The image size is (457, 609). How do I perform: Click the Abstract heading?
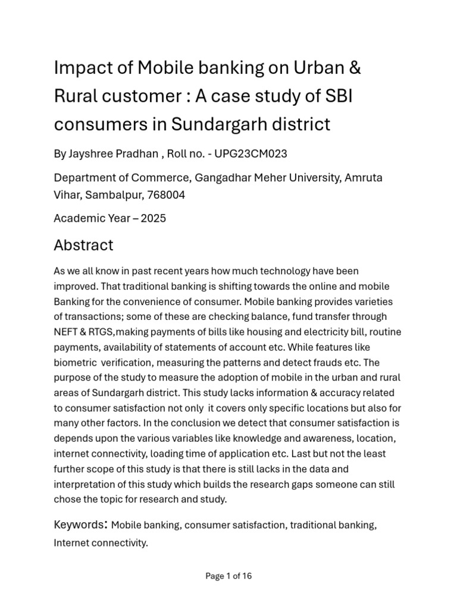[83, 245]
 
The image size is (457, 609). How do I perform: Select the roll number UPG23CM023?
[251, 154]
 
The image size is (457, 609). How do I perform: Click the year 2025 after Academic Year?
[154, 218]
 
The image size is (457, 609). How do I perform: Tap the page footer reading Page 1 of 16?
[228, 576]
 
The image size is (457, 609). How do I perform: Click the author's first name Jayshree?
[90, 154]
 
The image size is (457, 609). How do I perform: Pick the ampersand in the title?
[354, 68]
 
